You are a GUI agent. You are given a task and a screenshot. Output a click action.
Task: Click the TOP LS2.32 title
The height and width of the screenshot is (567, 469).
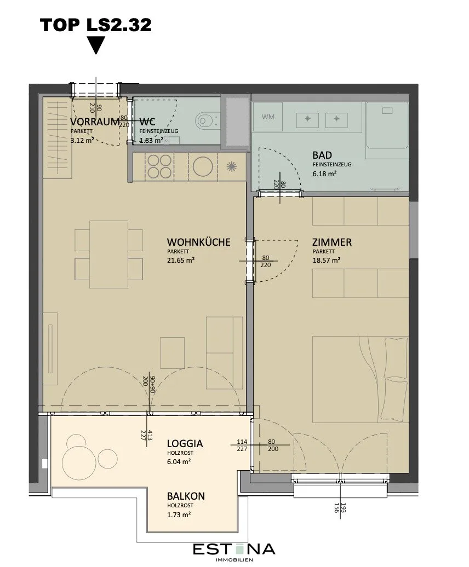pos(95,25)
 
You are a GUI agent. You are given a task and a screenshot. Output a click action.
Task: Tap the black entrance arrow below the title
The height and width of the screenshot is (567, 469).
pos(96,45)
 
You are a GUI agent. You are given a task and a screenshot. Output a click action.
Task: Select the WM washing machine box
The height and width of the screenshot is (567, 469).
pos(268,117)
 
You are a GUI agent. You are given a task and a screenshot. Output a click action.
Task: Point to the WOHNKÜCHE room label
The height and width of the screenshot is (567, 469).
pos(198,241)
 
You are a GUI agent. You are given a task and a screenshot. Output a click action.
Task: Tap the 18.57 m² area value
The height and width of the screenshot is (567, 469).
pos(326,260)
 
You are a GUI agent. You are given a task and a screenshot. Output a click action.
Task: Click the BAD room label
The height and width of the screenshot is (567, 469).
pos(322,155)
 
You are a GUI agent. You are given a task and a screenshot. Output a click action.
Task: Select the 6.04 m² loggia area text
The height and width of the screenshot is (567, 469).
pos(179,461)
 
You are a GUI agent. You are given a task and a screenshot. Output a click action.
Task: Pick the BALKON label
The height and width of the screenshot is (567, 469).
pos(186,496)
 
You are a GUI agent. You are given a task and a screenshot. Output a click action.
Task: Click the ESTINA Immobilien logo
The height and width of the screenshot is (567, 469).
pos(234,552)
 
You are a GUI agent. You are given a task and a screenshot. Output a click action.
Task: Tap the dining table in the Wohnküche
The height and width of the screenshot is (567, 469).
pos(108,254)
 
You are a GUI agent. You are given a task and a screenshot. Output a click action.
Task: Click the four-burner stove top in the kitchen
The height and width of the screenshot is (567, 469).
pos(159,166)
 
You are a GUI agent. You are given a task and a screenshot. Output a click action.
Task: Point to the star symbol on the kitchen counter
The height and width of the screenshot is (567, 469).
pos(231,167)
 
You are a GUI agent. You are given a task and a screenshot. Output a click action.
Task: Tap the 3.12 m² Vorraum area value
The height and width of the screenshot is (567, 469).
pos(82,140)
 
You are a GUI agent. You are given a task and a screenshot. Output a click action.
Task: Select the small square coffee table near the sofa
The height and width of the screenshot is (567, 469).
pos(173,350)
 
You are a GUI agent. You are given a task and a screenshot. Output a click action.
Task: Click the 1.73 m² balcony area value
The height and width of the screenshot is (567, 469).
pos(179,514)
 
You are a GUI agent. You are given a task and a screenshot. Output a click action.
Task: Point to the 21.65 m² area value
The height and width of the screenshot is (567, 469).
pos(181,260)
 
